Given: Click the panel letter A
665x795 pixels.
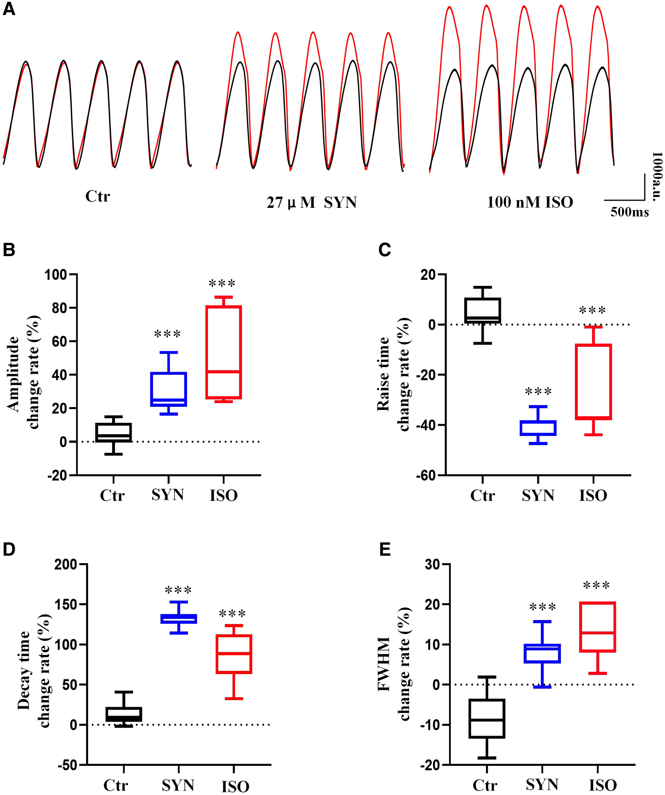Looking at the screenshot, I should [8, 9].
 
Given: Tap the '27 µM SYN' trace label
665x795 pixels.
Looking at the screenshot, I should [312, 203].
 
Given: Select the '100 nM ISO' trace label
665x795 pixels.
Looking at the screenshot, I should [530, 202].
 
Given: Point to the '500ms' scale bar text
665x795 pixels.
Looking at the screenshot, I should [629, 212].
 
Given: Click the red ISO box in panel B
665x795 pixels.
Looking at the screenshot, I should [223, 352].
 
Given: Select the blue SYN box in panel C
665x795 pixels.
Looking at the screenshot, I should [538, 428].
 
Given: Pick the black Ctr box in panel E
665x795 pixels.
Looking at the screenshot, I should [487, 718].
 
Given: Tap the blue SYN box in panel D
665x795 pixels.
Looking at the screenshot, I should [179, 619].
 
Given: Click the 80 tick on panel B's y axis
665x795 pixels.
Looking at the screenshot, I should [61, 308].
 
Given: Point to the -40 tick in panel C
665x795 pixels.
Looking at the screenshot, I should [426, 425].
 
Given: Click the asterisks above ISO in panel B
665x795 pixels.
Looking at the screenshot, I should [222, 283].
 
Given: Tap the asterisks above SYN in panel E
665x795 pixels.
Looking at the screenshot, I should [542, 607].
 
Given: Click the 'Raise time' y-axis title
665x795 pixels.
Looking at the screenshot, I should [383, 374].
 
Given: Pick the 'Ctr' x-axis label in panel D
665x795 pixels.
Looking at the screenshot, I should [116, 785].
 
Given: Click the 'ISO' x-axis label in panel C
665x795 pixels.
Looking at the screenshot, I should [593, 495].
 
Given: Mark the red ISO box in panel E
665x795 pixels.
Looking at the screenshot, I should [598, 627].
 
